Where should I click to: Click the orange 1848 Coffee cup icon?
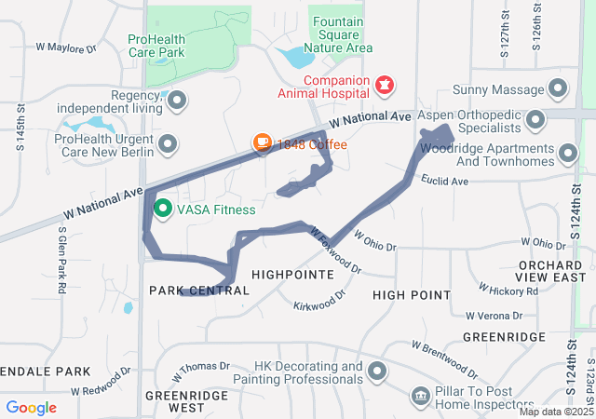263,143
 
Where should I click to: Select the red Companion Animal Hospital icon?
383,87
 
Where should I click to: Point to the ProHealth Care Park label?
169,46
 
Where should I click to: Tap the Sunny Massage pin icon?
558,89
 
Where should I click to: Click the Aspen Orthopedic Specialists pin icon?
535,120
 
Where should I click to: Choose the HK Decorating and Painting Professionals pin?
377,372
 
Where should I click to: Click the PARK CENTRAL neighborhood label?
199,291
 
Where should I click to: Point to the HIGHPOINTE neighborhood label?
292,276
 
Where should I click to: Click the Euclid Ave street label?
443,180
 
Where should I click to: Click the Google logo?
31,407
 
